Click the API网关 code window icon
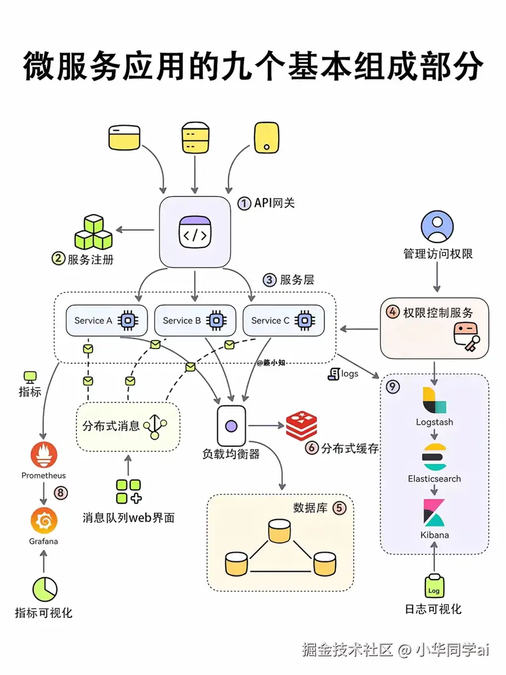tap(195, 232)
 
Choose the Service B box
tap(195, 320)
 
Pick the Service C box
tap(284, 320)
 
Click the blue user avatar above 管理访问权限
tap(437, 226)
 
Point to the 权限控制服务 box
tap(435, 328)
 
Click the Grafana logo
tap(43, 521)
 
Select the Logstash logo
tap(434, 401)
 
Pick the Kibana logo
tap(434, 512)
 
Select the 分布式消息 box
tap(128, 426)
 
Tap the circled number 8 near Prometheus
tap(60, 492)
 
